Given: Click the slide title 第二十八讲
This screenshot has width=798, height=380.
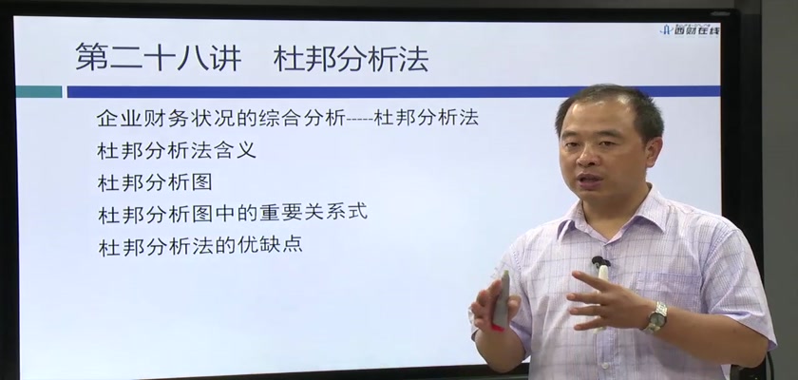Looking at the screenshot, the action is [x=159, y=56].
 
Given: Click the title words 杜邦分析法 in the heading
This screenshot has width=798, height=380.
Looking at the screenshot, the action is [x=351, y=59].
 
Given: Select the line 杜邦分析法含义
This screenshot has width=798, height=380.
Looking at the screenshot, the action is [x=176, y=150].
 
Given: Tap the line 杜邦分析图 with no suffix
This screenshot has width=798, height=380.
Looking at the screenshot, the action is [x=154, y=182].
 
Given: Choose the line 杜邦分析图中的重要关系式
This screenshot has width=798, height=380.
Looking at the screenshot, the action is [x=233, y=213].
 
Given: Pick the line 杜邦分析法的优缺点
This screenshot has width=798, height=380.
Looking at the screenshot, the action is [x=200, y=244].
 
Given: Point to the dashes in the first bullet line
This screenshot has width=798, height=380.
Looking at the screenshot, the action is [x=359, y=120].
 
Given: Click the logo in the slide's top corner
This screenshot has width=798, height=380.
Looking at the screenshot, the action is [x=690, y=30].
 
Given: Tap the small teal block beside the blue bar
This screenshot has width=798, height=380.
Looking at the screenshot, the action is [x=39, y=92].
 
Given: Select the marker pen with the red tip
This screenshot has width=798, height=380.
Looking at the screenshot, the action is [x=502, y=299].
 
